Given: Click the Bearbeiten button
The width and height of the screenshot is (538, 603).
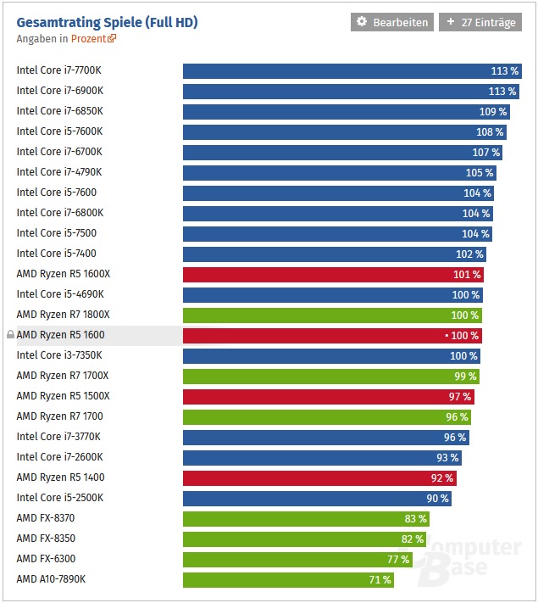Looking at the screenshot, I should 392,22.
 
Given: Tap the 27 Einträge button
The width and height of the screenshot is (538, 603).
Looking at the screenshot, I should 480,22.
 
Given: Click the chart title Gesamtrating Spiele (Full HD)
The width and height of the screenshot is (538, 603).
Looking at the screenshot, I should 107,22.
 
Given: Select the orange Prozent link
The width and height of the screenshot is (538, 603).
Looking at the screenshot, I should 90,38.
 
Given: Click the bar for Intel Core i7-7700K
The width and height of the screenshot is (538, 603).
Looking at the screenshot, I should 339,70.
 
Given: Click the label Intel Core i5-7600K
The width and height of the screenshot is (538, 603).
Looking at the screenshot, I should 59,131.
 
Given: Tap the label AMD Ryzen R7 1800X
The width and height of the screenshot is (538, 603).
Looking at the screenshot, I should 63,315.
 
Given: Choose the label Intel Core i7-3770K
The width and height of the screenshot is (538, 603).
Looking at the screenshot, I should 58,437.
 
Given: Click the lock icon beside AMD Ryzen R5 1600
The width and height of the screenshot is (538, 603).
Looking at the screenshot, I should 10,335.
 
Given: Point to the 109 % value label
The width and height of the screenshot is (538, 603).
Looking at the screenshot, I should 493,111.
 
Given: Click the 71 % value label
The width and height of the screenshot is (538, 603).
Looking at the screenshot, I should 380,579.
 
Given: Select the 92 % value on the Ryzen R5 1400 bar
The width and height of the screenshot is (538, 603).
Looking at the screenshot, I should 443,477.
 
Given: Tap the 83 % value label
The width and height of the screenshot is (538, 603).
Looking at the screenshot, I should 416,518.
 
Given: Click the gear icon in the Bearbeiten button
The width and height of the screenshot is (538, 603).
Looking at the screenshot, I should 362,22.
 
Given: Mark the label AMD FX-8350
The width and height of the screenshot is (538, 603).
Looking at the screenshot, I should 46,539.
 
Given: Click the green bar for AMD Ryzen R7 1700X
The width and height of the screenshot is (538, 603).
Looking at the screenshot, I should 326,376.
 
